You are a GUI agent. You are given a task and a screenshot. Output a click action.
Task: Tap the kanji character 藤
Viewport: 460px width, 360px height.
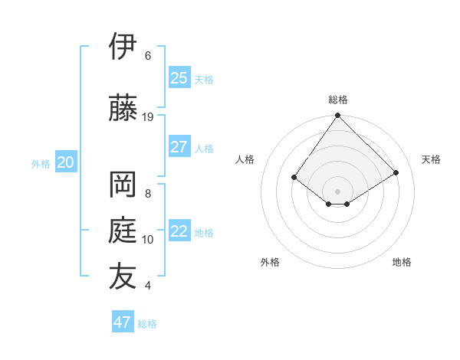(123, 108)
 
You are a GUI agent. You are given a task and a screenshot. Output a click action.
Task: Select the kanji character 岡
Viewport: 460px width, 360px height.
(123, 185)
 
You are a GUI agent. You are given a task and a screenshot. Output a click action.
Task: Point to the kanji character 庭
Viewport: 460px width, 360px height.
(123, 230)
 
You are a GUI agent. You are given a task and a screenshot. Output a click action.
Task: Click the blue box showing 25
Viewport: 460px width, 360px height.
(179, 78)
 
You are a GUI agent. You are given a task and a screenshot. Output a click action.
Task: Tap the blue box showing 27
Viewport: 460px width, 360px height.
(179, 147)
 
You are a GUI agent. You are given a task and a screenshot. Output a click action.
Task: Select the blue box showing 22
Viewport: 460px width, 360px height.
(179, 231)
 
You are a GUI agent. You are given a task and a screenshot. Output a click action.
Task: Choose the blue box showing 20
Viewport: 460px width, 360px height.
(66, 162)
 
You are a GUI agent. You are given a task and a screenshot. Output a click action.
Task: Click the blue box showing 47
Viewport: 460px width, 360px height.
(123, 322)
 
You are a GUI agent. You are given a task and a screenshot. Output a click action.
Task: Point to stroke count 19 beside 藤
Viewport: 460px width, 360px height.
(148, 117)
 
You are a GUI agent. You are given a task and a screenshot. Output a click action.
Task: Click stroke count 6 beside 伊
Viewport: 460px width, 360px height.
(148, 56)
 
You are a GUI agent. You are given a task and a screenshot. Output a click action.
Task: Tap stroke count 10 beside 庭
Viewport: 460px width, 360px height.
(148, 240)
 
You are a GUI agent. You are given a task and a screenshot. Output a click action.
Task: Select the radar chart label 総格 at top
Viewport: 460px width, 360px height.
(338, 100)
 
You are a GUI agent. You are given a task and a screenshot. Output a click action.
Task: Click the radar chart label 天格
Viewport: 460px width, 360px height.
(431, 159)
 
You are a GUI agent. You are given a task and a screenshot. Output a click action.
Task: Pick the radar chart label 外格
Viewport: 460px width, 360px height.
(270, 262)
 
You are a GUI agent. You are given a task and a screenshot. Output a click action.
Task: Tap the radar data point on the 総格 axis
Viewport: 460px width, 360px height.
(338, 116)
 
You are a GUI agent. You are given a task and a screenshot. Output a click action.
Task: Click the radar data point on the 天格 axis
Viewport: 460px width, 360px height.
(396, 173)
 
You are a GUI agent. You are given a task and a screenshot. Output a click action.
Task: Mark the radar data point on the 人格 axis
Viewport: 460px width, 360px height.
(294, 178)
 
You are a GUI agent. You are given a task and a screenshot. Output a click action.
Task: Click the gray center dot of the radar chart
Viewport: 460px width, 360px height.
(338, 191)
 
